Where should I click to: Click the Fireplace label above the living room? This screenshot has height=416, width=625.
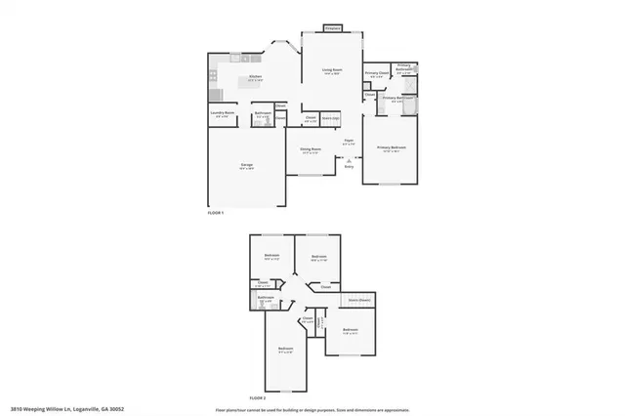[x=333, y=28]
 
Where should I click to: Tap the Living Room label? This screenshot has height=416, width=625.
[x=332, y=69]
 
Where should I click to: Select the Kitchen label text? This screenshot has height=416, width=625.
[x=255, y=76]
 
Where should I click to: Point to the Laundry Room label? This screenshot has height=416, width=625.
[x=223, y=112]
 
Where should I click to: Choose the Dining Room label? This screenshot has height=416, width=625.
[x=310, y=149]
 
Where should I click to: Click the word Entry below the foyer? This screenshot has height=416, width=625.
[x=349, y=167]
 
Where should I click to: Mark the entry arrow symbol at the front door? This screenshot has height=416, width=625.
[x=349, y=158]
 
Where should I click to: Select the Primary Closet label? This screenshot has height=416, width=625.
[x=376, y=73]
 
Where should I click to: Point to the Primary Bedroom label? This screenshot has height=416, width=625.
[x=392, y=147]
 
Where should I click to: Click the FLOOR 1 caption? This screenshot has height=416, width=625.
[x=216, y=213]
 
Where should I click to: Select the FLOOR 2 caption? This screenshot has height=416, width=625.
[x=257, y=398]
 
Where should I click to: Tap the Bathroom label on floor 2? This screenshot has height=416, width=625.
[x=265, y=298]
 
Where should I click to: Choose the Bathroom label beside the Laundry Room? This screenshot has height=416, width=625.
[x=262, y=112]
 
